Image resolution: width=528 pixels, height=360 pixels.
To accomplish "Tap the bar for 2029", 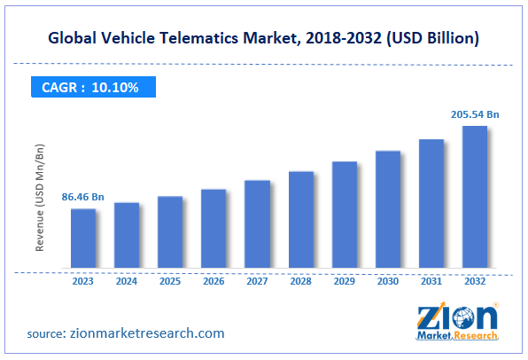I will pyautogui.click(x=344, y=215).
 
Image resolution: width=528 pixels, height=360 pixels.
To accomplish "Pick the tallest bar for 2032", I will pyautogui.click(x=474, y=198).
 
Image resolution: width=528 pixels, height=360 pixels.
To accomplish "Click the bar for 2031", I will pyautogui.click(x=431, y=205).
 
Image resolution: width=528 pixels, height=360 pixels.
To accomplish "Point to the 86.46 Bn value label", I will pyautogui.click(x=84, y=196).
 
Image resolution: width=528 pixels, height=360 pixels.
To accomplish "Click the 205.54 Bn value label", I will pyautogui.click(x=473, y=114).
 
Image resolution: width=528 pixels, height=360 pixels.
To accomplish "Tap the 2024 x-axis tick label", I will pyautogui.click(x=127, y=282).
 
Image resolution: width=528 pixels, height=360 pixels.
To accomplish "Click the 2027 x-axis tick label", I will pyautogui.click(x=257, y=282).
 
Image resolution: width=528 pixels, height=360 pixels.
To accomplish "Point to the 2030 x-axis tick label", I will pyautogui.click(x=387, y=282).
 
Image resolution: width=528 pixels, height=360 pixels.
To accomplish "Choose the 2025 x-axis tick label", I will pyautogui.click(x=170, y=282).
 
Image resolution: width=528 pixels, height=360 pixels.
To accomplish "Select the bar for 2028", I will pyautogui.click(x=300, y=221).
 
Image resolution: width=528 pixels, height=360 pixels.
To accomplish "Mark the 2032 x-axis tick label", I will pyautogui.click(x=474, y=282).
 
